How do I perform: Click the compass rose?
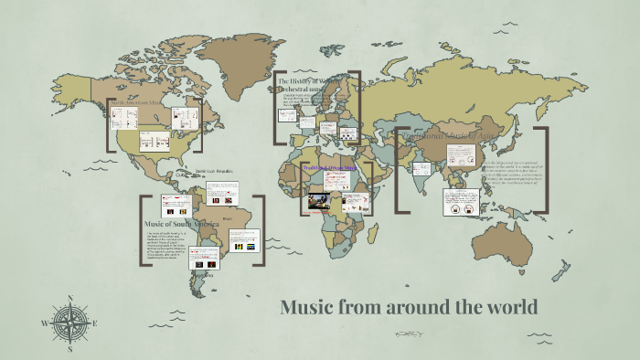tap(70, 323)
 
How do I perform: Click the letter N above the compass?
tap(70, 299)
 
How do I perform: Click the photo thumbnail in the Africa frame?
tap(319, 200)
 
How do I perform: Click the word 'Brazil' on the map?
tap(228, 218)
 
